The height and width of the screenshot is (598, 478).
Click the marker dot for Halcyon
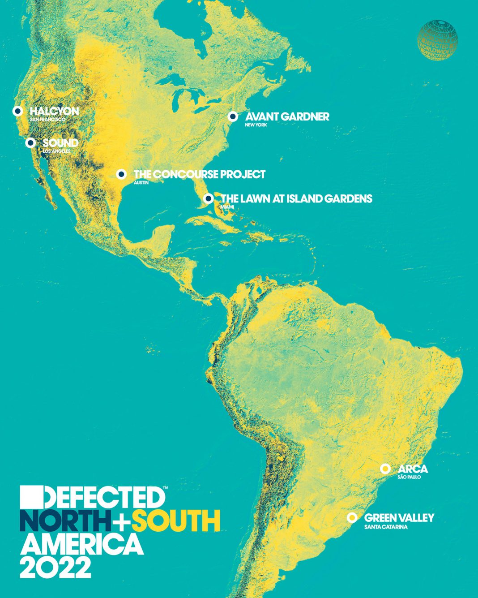point(17,111)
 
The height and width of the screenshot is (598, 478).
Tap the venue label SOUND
point(60,143)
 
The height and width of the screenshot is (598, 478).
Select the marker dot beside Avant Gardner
point(232,116)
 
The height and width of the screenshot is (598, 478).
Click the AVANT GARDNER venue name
point(287,116)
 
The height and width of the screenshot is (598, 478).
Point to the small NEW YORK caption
point(256,125)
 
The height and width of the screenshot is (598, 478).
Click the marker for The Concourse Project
point(121,174)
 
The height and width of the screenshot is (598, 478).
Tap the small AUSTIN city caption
point(141,183)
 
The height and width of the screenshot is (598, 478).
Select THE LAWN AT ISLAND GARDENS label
point(297,198)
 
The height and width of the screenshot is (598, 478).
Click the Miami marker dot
point(208,198)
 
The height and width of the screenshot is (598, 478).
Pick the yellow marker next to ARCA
point(384,469)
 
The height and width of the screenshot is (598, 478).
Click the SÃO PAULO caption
point(409,478)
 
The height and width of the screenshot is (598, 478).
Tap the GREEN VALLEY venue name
point(399,518)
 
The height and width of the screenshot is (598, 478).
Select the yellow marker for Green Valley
point(352,518)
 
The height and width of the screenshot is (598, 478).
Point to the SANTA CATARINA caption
point(386,527)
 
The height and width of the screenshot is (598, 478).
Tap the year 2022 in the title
point(55,566)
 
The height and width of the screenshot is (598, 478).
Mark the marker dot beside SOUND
point(30,143)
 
